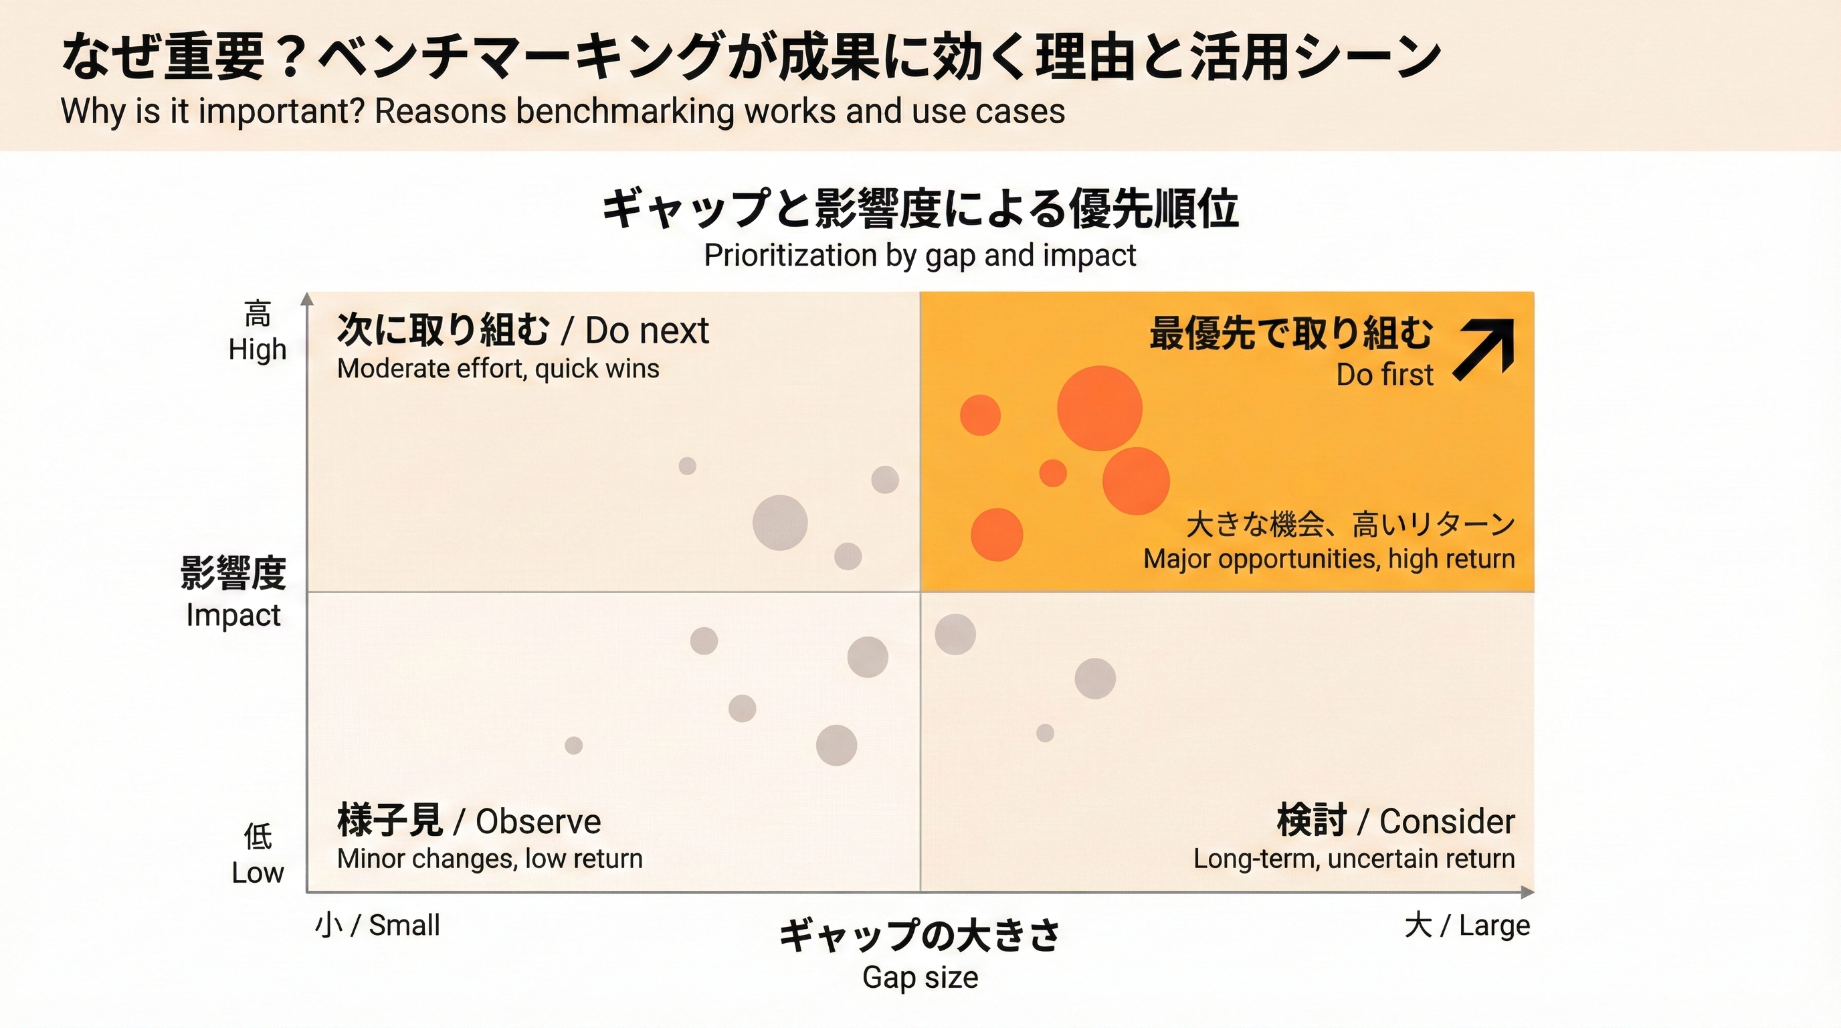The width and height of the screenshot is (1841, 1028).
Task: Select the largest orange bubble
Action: tap(1099, 408)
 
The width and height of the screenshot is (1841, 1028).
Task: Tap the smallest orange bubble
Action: tap(1053, 473)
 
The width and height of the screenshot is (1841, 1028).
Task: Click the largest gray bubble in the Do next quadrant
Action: tap(780, 523)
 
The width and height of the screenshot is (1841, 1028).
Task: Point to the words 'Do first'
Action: tap(1384, 375)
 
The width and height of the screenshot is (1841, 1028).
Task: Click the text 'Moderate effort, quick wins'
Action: tap(498, 369)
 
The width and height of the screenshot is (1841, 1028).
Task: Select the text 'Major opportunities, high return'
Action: tap(1329, 558)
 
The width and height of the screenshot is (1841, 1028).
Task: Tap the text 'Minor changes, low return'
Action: tap(490, 858)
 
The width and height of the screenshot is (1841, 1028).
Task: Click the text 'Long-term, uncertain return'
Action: tap(1353, 858)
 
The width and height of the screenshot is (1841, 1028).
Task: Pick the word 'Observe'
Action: tap(538, 821)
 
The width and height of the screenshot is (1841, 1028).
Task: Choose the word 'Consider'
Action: tap(1446, 821)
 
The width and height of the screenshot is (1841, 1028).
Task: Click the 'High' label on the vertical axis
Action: tap(258, 349)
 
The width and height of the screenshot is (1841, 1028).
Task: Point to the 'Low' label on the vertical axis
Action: tap(258, 873)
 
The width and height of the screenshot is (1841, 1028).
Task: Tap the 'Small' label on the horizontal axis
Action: tap(404, 925)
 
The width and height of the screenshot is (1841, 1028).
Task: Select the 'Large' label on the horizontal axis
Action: tap(1494, 925)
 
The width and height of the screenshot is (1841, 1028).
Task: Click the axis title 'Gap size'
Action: tap(920, 976)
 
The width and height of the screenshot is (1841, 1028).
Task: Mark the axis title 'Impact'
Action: tap(233, 615)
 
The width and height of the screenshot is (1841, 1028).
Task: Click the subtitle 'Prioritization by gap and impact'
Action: tap(920, 255)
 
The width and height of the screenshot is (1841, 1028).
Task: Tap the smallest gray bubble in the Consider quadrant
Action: tap(1045, 733)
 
